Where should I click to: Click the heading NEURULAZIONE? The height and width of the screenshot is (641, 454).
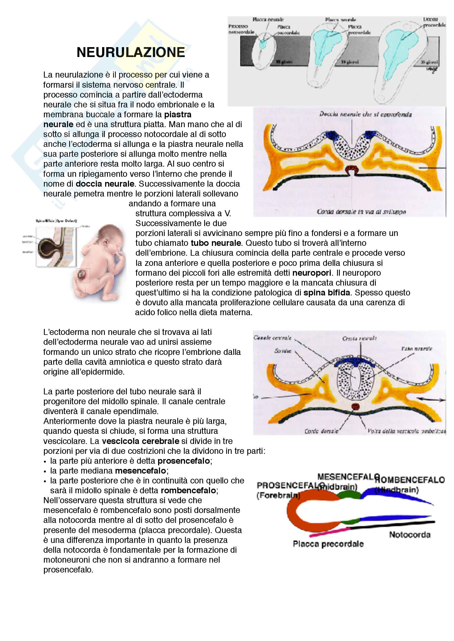131,53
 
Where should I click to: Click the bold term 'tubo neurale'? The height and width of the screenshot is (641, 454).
216,243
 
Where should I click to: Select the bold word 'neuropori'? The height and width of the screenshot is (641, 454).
312,272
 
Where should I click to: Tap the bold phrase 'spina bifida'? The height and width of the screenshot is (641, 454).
327,292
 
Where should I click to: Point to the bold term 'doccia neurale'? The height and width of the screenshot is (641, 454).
105,184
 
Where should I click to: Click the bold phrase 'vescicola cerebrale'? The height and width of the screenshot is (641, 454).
140,441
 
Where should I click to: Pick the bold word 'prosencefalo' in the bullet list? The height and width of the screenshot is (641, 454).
183,461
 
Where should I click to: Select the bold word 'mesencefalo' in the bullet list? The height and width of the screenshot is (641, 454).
140,471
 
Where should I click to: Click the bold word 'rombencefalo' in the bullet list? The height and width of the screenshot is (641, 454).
188,490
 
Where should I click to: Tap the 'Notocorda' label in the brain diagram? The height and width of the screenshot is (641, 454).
410,535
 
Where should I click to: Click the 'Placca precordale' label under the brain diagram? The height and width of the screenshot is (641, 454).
328,544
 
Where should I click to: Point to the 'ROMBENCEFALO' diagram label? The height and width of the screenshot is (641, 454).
410,480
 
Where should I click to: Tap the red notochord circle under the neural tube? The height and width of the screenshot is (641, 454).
355,406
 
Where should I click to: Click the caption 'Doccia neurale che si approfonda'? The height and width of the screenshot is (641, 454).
365,114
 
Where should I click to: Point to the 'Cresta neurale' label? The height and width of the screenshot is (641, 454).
359,338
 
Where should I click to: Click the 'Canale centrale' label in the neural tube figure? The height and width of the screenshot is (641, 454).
272,338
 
